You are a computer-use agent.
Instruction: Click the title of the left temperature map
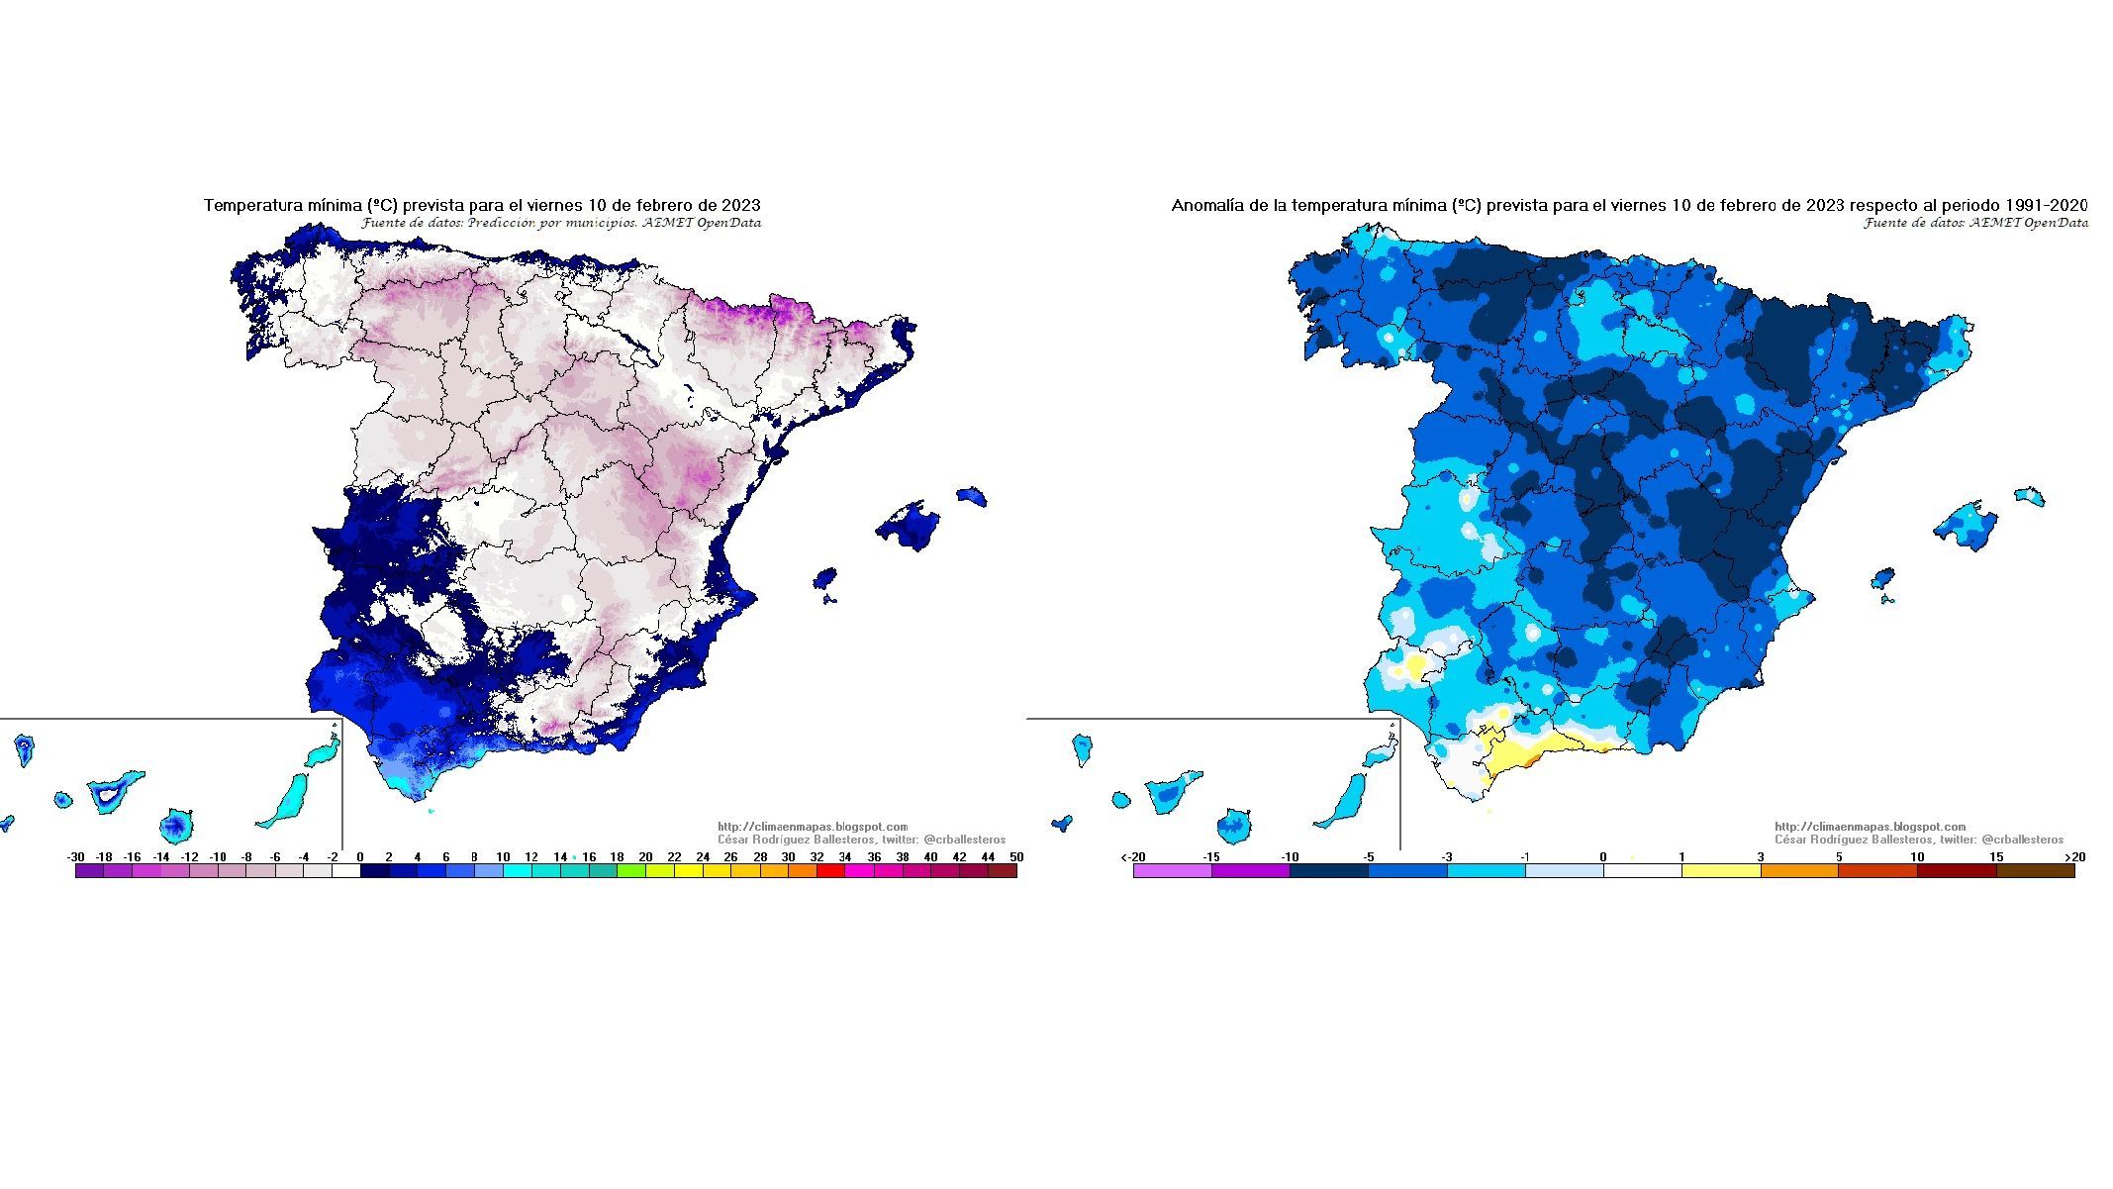point(482,205)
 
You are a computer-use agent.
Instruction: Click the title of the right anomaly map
point(1629,205)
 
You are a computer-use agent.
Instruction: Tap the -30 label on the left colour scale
point(75,857)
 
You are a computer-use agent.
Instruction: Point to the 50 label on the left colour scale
point(1016,857)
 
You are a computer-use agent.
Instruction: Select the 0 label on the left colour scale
point(359,857)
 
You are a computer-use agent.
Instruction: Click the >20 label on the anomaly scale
point(2074,857)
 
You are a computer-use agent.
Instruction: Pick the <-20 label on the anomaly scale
point(1133,857)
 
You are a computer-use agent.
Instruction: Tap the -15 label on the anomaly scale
point(1210,857)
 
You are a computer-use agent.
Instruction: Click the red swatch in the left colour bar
point(831,871)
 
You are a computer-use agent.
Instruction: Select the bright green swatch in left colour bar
point(630,871)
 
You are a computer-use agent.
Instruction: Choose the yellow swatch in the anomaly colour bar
point(1720,871)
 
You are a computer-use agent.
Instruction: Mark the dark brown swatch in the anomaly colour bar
point(2035,871)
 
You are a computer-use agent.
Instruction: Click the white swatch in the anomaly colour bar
point(1642,871)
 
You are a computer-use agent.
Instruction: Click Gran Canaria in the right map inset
point(1234,823)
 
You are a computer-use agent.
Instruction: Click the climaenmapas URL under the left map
point(813,827)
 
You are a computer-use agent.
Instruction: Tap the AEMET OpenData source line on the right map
point(1975,223)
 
